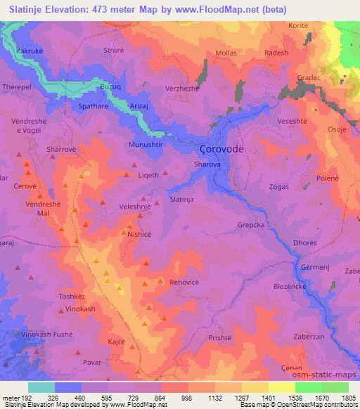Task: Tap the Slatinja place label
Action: pyautogui.click(x=185, y=200)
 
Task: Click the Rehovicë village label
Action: pyautogui.click(x=185, y=282)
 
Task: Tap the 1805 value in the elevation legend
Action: pyautogui.click(x=349, y=398)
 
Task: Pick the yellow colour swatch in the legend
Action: pyautogui.click(x=281, y=387)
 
